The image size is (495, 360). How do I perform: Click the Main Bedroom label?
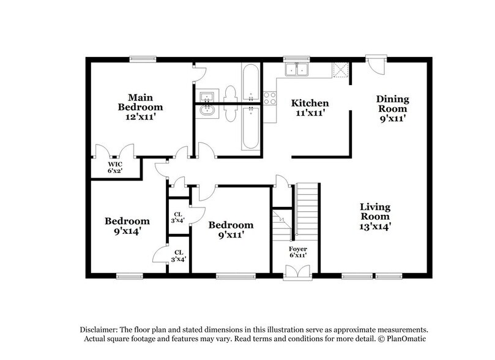(140, 107)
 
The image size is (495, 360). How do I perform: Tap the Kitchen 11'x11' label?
(309, 108)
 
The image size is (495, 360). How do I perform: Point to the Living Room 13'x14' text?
(374, 216)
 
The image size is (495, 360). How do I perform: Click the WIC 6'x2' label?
(116, 167)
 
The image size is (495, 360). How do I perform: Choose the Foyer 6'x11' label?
(298, 252)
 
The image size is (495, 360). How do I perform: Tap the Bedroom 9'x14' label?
(126, 226)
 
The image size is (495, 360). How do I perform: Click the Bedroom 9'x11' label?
(230, 230)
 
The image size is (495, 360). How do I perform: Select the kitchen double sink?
(299, 70)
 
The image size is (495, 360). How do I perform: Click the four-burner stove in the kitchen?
(269, 98)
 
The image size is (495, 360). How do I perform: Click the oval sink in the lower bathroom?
(207, 111)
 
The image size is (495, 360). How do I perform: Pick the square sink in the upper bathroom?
(207, 96)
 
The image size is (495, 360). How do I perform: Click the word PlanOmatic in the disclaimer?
(408, 339)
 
